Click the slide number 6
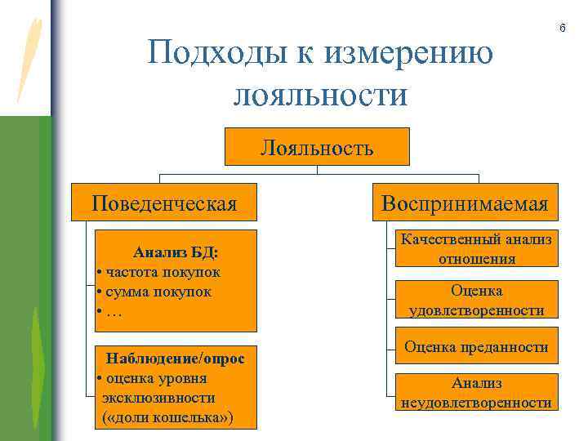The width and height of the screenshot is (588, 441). pos(562,29)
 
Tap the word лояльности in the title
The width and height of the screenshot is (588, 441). pos(319,95)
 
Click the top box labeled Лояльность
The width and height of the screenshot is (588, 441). pos(318,148)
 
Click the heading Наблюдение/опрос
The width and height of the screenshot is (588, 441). pos(176,359)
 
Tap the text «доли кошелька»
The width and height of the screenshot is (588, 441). pos(168,417)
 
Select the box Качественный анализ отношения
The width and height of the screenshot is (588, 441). pos(477,248)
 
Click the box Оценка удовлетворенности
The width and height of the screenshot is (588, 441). pos(477,300)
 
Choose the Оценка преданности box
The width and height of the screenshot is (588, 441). pos(477,347)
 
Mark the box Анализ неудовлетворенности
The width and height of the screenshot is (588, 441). pos(477,392)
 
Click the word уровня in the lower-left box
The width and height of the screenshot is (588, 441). pos(184,378)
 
